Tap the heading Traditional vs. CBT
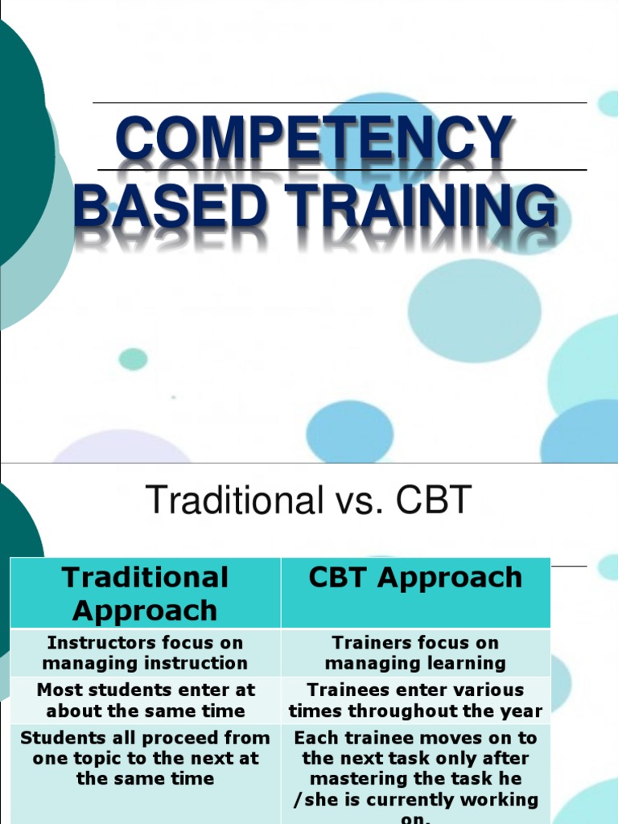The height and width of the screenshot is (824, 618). click(x=308, y=501)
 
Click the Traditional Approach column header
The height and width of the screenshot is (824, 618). click(x=145, y=593)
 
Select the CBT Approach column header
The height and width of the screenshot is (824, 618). click(x=415, y=578)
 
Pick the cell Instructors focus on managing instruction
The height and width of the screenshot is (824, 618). click(x=145, y=653)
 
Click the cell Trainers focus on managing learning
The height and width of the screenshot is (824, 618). click(x=415, y=653)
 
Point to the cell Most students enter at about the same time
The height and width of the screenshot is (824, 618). click(x=145, y=700)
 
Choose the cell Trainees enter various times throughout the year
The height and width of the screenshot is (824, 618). click(x=415, y=700)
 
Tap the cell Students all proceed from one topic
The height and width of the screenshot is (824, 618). click(x=145, y=758)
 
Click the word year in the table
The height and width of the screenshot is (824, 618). click(x=523, y=711)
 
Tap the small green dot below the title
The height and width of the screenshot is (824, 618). click(x=133, y=359)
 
